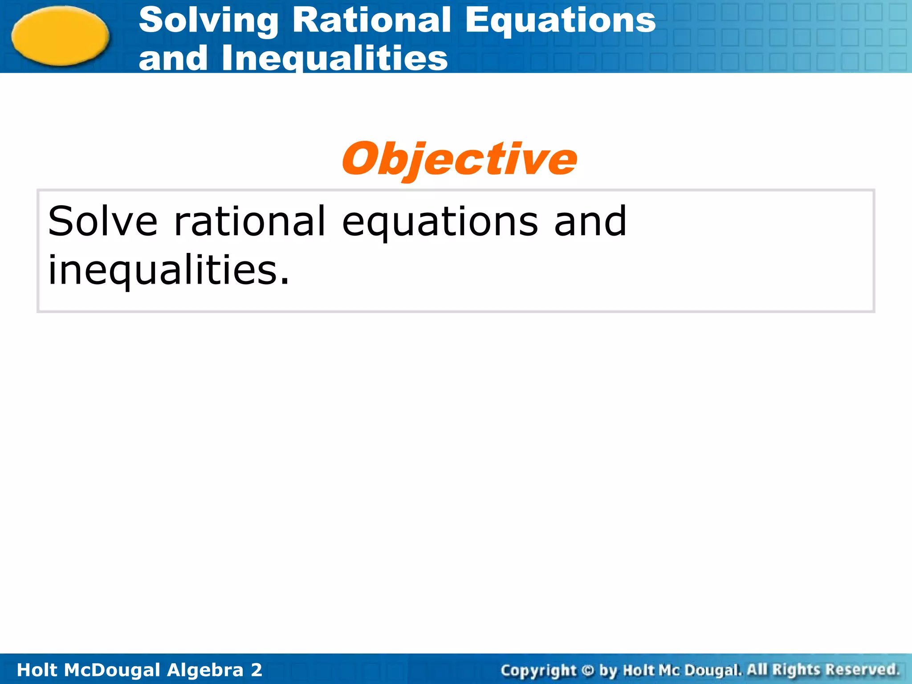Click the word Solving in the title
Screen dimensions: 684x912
click(x=208, y=21)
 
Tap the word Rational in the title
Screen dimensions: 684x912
click(x=371, y=20)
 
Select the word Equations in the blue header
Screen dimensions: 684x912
click(x=560, y=21)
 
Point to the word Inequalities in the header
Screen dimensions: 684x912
click(x=334, y=58)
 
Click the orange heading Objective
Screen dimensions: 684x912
click(x=459, y=159)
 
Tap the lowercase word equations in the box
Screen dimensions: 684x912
click(x=440, y=222)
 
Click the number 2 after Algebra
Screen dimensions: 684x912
click(x=256, y=670)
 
